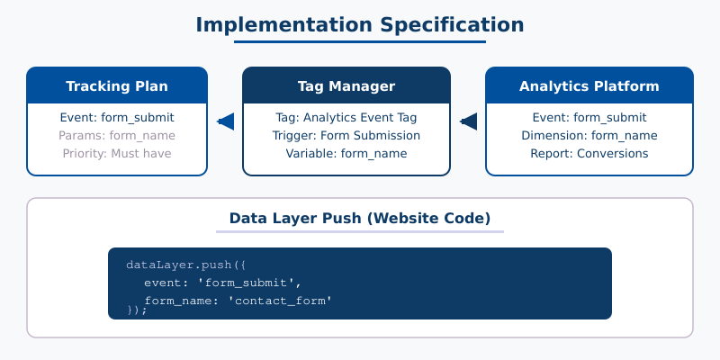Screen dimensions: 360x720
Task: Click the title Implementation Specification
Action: pyautogui.click(x=360, y=24)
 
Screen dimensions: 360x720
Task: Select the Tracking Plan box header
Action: pyautogui.click(x=117, y=86)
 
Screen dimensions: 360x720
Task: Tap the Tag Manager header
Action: pyautogui.click(x=346, y=86)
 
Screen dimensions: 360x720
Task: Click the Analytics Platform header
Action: pyautogui.click(x=589, y=86)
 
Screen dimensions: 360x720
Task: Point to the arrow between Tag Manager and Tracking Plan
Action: pyautogui.click(x=225, y=121)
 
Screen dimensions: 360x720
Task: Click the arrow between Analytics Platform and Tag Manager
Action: pyautogui.click(x=468, y=121)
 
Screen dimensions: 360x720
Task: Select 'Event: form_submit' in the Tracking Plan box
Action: pyautogui.click(x=117, y=117)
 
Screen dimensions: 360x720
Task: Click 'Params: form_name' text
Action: pyautogui.click(x=117, y=135)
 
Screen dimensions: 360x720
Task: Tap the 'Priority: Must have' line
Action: pyautogui.click(x=117, y=153)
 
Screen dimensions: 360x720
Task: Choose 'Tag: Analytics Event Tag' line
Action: pyautogui.click(x=346, y=117)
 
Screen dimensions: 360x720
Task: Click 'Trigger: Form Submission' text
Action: pyautogui.click(x=346, y=135)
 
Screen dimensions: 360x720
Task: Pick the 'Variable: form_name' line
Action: pyautogui.click(x=346, y=153)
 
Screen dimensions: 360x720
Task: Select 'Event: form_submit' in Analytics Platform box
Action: pyautogui.click(x=589, y=117)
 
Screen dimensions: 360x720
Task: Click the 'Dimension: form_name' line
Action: pyautogui.click(x=589, y=135)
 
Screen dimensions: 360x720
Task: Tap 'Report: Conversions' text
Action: pyautogui.click(x=589, y=153)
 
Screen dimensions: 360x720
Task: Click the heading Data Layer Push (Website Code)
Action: pyautogui.click(x=360, y=218)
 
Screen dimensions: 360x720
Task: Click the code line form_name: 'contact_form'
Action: pyautogui.click(x=238, y=300)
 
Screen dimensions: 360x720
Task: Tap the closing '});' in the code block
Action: pyautogui.click(x=137, y=310)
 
